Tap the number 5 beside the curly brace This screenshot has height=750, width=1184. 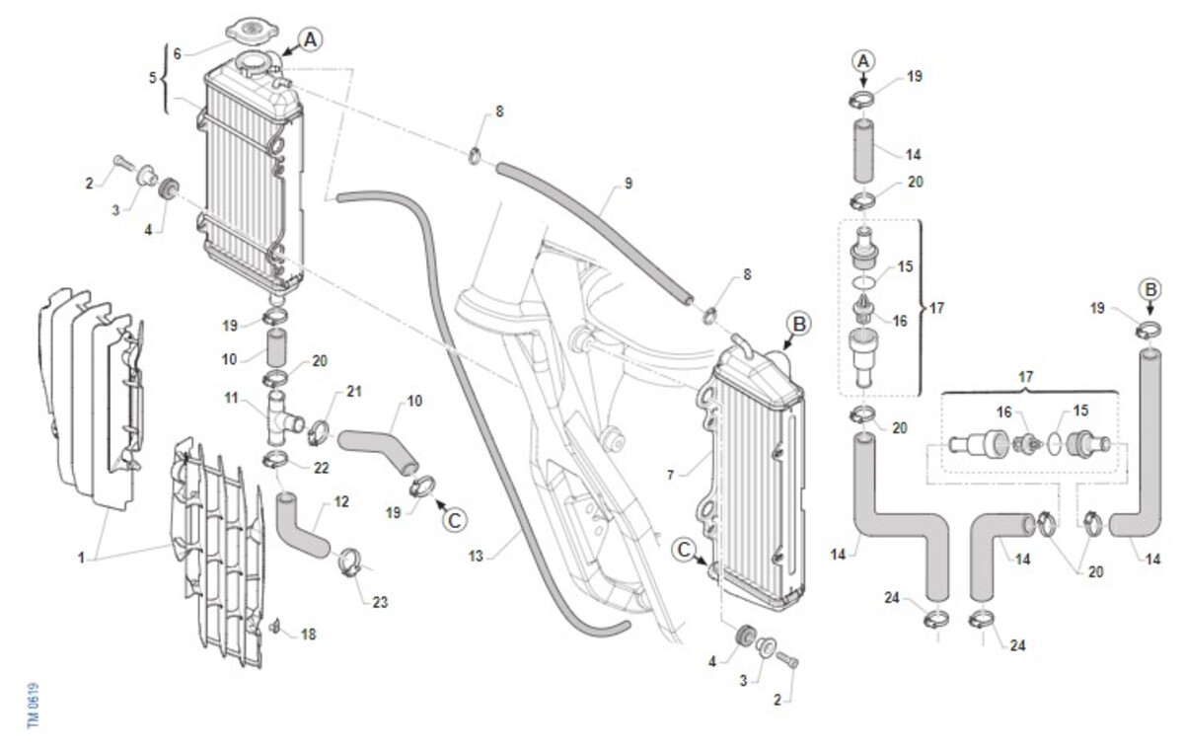click(x=153, y=78)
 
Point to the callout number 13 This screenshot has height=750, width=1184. click(x=476, y=556)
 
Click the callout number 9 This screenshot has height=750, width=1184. click(x=628, y=184)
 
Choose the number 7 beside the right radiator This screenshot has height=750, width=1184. click(x=671, y=475)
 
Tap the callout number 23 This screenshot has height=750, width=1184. click(x=380, y=602)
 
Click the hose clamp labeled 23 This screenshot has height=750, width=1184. click(x=349, y=562)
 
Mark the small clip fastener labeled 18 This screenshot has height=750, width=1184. click(x=274, y=627)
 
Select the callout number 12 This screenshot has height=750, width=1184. click(x=341, y=501)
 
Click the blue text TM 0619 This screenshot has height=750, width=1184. click(x=34, y=706)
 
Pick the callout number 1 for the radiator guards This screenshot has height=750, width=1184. click(x=81, y=558)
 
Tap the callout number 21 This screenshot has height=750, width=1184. click(x=353, y=391)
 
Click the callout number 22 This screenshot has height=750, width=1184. click(x=322, y=468)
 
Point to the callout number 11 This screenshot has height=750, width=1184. click(x=231, y=398)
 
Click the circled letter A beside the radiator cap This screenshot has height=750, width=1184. click(x=310, y=39)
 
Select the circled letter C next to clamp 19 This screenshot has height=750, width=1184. click(x=455, y=521)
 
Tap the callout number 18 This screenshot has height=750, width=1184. click(x=308, y=635)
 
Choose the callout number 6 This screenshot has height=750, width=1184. click(x=177, y=53)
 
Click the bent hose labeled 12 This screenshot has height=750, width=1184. click(x=300, y=526)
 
